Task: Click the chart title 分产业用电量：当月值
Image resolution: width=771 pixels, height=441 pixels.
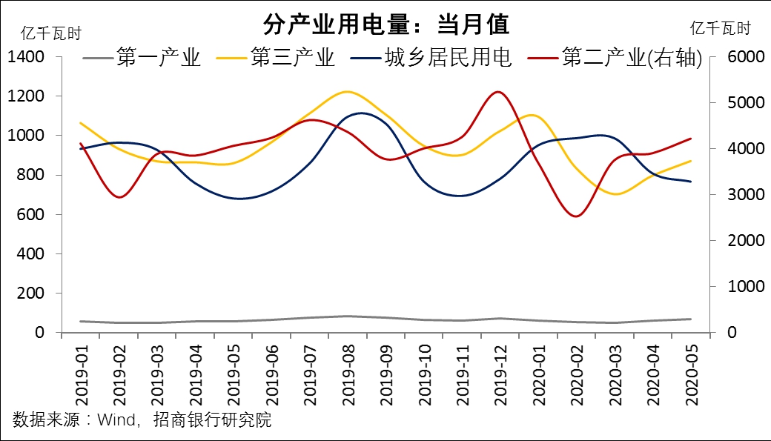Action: click(x=386, y=24)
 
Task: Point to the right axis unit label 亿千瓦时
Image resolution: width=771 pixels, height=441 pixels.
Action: click(x=720, y=29)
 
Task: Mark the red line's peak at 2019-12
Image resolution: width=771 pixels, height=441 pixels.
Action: click(x=497, y=92)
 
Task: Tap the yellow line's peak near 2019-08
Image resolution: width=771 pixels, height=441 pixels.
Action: click(x=348, y=92)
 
